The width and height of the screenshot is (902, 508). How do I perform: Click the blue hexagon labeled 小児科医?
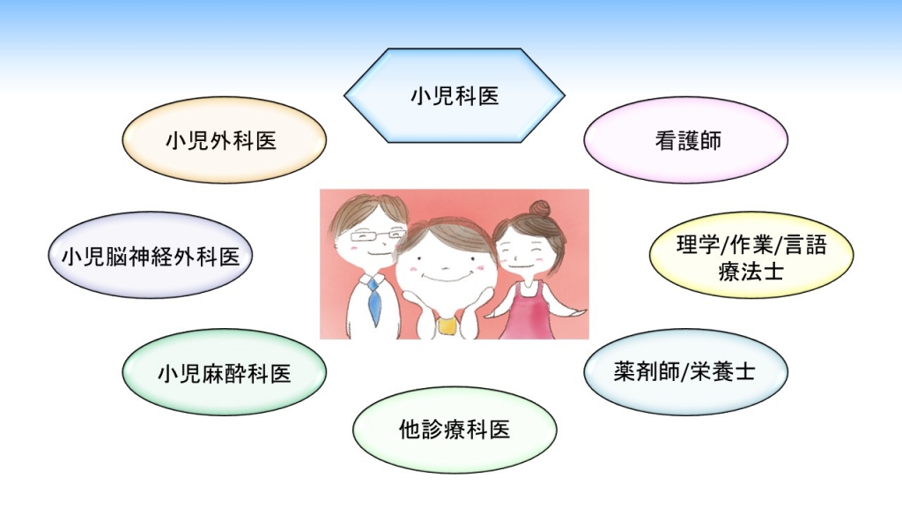pos(455,95)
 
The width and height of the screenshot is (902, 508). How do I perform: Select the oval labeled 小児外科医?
pos(224,140)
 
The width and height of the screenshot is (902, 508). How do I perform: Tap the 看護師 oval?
pos(685,140)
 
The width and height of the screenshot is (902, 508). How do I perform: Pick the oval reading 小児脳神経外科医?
pos(150,255)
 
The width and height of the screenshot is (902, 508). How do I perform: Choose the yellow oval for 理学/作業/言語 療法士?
pos(751,255)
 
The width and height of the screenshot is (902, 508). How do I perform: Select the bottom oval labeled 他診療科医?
pos(455,430)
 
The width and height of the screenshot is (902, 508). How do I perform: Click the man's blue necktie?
pos(373,301)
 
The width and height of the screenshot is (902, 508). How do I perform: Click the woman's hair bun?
pos(540,208)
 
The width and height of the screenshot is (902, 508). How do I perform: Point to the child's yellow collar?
pos(447,325)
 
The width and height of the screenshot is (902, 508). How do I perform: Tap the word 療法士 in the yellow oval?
pos(750,270)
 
